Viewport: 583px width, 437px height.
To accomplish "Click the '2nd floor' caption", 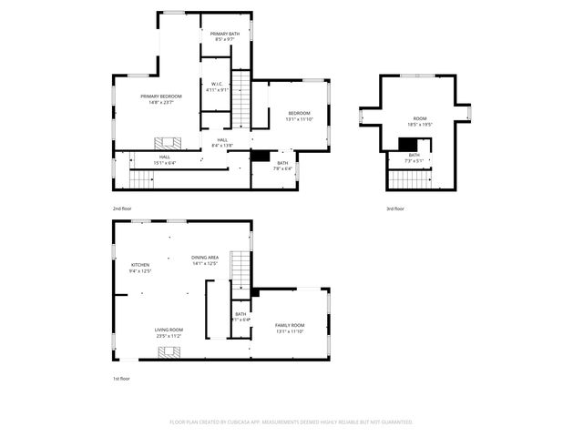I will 122,209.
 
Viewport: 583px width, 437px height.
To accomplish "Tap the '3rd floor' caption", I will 394,209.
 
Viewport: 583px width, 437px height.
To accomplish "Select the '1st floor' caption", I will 121,378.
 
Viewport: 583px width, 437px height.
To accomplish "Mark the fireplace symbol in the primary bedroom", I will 167,142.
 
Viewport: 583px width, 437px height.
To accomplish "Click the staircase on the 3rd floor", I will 409,178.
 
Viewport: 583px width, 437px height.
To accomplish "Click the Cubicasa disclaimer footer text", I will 291,422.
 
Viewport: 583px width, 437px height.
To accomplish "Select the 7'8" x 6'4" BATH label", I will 283,166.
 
